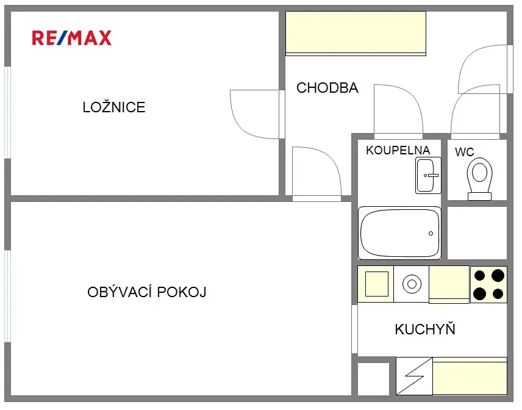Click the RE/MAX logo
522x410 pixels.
pyautogui.click(x=71, y=38)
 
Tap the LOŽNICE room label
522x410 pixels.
pyautogui.click(x=114, y=107)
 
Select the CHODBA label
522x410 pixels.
pyautogui.click(x=327, y=88)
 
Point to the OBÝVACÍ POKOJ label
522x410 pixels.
pyautogui.click(x=147, y=292)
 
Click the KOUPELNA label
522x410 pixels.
pyautogui.click(x=398, y=150)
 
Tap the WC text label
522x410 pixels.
pyautogui.click(x=465, y=152)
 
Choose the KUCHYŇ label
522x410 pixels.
pyautogui.click(x=425, y=329)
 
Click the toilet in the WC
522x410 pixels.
pyautogui.click(x=479, y=179)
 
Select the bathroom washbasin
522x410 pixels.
pyautogui.click(x=428, y=176)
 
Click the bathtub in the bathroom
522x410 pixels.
pyautogui.click(x=399, y=233)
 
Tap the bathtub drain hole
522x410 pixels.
pyautogui.click(x=431, y=234)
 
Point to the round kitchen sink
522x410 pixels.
pyautogui.click(x=412, y=284)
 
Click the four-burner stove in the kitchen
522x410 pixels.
pyautogui.click(x=488, y=284)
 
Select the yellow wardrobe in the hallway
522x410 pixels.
pyautogui.click(x=356, y=34)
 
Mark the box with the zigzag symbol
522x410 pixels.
pyautogui.click(x=415, y=376)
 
